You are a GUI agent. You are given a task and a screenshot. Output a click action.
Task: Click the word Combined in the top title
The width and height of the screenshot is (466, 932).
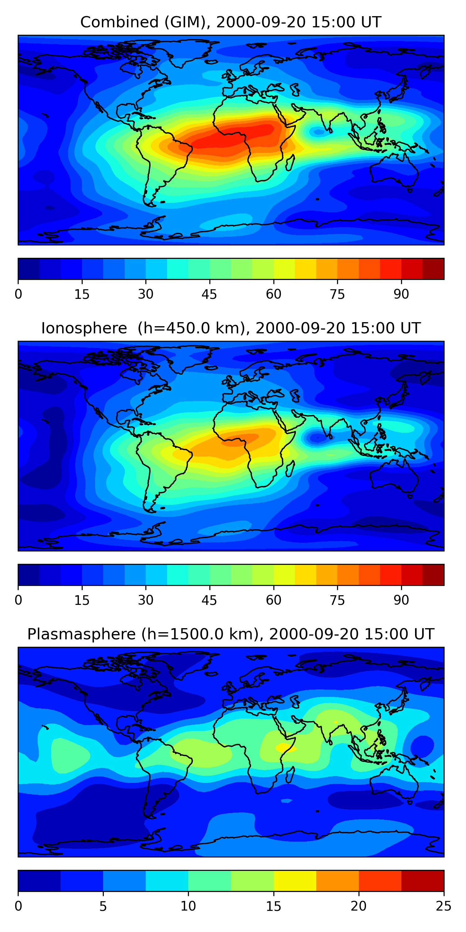[119, 22]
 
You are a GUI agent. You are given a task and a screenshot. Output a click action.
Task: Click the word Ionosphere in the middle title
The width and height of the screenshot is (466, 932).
[84, 328]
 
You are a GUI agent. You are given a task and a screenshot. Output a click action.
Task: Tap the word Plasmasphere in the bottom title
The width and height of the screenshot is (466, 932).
[81, 634]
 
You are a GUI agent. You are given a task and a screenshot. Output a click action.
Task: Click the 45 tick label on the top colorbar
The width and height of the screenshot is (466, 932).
[209, 294]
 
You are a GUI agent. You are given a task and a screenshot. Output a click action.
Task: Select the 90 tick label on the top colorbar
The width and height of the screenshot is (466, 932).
[401, 294]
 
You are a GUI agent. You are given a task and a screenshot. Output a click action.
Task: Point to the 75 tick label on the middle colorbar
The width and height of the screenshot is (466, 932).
[337, 600]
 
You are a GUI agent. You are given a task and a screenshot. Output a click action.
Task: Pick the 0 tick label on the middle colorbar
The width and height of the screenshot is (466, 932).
[18, 600]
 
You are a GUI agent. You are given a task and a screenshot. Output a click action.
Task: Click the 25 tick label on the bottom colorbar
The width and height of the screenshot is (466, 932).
[444, 906]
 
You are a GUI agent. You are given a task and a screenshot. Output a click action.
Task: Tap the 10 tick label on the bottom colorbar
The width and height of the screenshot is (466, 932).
[188, 906]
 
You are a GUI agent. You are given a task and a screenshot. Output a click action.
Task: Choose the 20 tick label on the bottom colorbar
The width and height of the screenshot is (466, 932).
[359, 906]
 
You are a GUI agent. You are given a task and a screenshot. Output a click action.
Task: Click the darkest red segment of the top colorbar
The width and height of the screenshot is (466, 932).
[433, 269]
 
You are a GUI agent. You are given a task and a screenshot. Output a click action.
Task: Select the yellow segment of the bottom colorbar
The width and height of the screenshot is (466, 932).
[295, 881]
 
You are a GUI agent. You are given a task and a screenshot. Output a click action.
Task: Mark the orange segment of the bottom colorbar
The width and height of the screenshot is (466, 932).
[337, 881]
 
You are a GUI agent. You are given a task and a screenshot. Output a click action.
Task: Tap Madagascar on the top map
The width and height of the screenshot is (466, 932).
[290, 163]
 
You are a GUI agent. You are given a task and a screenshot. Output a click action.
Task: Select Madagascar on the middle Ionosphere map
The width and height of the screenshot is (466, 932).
[290, 469]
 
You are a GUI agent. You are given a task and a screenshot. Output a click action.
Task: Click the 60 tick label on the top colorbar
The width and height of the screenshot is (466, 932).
[273, 294]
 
